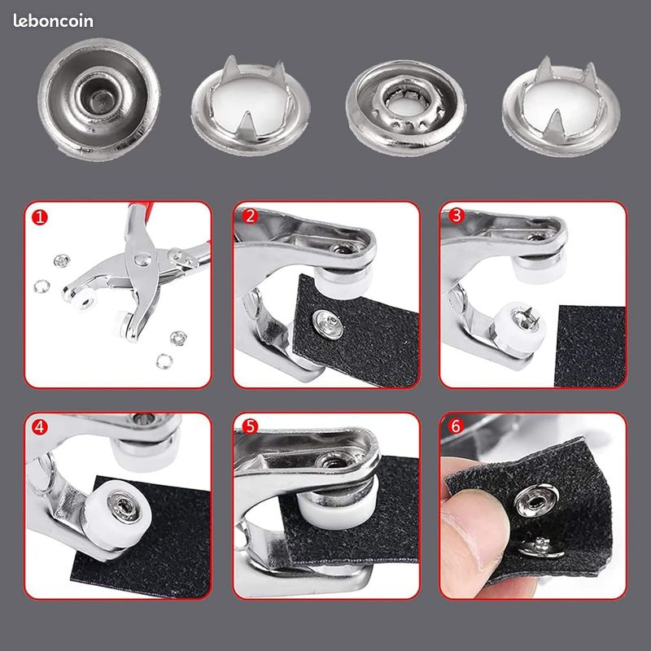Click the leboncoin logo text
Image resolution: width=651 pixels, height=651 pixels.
pos(53,21)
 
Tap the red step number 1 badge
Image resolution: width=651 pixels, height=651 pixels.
pos(40,217)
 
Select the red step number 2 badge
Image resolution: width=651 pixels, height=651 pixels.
pos(250,216)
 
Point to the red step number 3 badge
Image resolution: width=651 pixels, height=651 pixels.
pos(457,216)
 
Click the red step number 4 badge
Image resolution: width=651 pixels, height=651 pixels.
pos(39,426)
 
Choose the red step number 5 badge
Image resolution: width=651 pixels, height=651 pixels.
pos(250,426)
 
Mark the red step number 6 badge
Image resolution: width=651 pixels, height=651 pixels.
pos(456,426)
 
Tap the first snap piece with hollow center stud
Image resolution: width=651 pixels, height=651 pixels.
pos(98,98)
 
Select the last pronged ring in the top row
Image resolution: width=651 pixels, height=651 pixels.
pos(561,107)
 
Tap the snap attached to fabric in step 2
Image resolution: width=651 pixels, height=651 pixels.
pos(329,324)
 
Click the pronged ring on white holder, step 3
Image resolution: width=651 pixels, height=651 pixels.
pos(525,318)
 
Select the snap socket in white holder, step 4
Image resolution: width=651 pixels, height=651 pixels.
pos(124,506)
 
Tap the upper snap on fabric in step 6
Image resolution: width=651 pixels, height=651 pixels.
pos(536,501)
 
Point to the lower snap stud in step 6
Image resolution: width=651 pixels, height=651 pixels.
pos(540,548)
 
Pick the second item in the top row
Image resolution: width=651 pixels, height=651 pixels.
pos(251,107)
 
